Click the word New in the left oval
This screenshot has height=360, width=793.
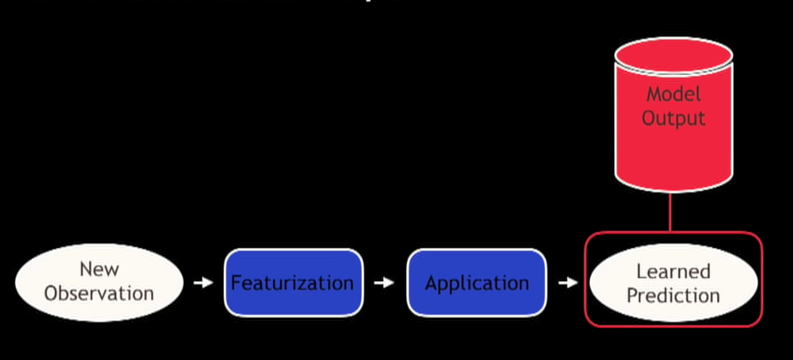pos(99,269)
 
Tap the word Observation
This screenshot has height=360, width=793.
pos(99,294)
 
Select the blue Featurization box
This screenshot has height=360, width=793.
pos(293,282)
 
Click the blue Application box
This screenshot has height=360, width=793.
pos(477,282)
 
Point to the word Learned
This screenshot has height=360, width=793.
pos(673,271)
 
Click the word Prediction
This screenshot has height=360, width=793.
pos(673,295)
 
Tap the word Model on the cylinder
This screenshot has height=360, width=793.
pos(673,94)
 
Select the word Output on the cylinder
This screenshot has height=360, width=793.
pos(673,118)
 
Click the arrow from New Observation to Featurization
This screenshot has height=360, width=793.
pos(203,282)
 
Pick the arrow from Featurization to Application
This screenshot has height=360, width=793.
pos(384,282)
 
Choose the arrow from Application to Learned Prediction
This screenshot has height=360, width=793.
pos(568,282)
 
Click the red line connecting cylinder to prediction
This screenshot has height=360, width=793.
pos(670,212)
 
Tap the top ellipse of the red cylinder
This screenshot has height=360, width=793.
pos(673,54)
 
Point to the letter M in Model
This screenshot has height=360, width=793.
pos(654,94)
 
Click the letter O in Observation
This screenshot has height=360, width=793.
pos(52,294)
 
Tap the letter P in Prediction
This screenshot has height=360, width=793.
pos(632,295)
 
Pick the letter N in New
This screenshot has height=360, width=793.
pos(86,269)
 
